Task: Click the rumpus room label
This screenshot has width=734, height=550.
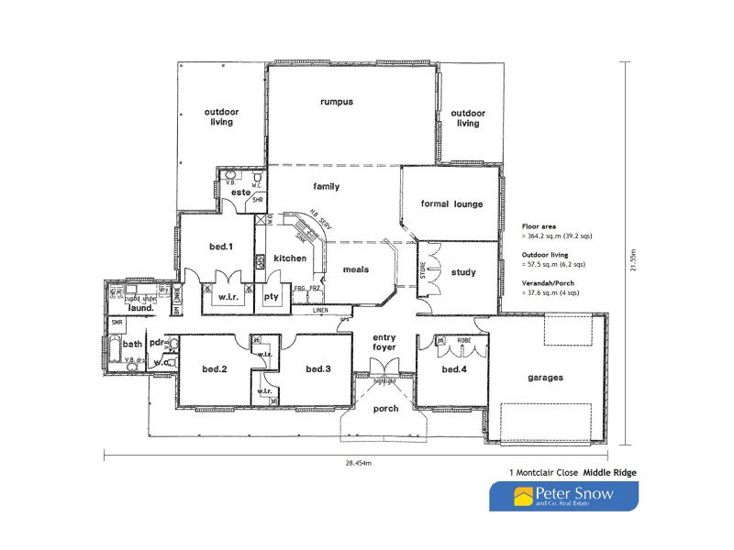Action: point(337,102)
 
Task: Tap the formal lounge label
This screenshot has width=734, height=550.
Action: point(450,204)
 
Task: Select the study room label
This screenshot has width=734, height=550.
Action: point(463,271)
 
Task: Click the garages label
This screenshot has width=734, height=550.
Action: point(545,377)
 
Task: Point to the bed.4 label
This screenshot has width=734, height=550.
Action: point(454,368)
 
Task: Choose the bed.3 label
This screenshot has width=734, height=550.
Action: point(318,368)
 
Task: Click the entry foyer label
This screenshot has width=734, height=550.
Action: point(384,343)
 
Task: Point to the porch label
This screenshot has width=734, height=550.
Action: point(386,408)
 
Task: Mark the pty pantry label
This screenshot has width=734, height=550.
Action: point(272,297)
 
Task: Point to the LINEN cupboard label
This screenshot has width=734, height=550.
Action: point(320,310)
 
